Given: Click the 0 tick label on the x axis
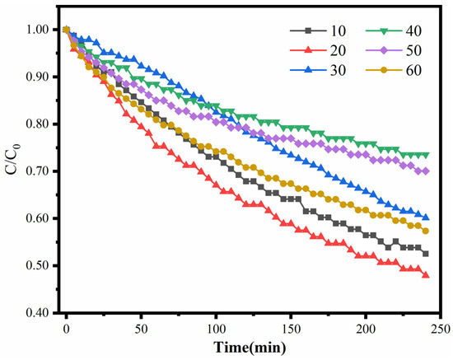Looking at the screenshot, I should click(x=66, y=327).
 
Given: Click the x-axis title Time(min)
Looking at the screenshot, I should click(x=252, y=347).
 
